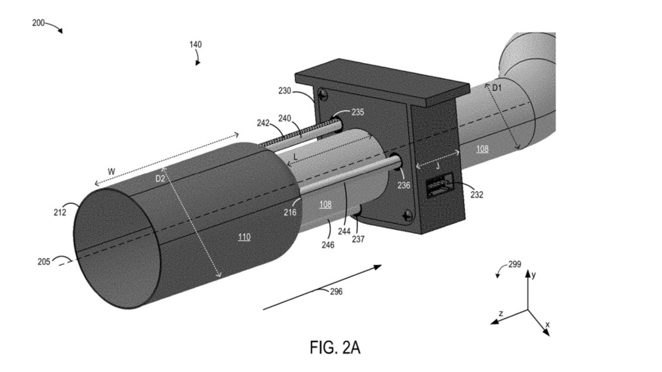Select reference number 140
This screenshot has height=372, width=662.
point(195,45)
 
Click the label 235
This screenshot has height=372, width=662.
point(358,111)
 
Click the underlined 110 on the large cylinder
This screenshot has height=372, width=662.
point(244,237)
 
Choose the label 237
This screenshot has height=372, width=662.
point(357,239)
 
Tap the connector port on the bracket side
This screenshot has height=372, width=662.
point(437,186)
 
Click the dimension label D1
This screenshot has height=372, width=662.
point(498,87)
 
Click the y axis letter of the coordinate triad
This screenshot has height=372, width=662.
point(534,274)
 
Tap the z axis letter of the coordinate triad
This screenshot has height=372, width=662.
point(500,313)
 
